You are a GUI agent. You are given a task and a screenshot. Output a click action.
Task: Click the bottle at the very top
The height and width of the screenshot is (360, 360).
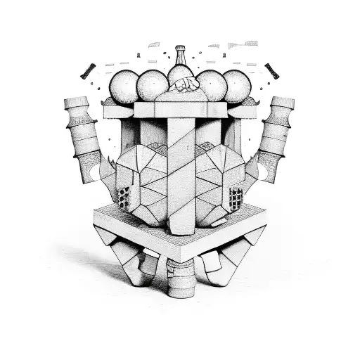[x=181, y=63]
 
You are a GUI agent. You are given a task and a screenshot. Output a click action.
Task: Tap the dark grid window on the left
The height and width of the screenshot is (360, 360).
[x=125, y=198]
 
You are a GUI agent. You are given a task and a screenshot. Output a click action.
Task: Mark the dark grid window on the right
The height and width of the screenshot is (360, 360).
[x=236, y=198]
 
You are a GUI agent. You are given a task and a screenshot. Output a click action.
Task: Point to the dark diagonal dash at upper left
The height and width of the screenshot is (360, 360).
[x=88, y=71]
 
